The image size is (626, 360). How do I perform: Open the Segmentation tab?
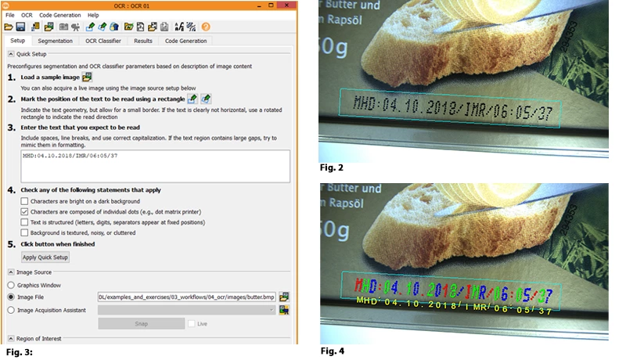(x=55, y=41)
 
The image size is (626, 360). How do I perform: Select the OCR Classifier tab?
(x=103, y=41)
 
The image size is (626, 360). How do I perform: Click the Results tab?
(x=143, y=41)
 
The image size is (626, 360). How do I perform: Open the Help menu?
(x=93, y=15)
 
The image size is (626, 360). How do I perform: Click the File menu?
(x=10, y=15)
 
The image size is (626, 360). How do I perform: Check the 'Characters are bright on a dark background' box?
(x=24, y=201)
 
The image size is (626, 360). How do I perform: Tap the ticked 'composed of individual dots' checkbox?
(x=24, y=211)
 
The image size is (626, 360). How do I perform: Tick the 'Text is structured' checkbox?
(x=24, y=221)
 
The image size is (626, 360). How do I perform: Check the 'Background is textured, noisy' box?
(x=24, y=232)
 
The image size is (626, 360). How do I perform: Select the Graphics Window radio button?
(x=11, y=285)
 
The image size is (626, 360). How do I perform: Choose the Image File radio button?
(x=11, y=297)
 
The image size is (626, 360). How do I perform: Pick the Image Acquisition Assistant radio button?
(x=11, y=310)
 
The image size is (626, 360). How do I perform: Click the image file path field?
(x=186, y=297)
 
